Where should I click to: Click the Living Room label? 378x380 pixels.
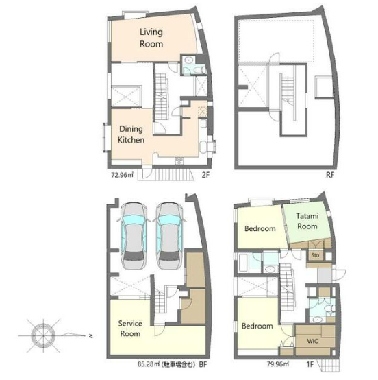tap(151, 38)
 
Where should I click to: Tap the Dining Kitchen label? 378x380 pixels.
tap(131, 134)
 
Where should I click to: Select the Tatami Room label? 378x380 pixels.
tap(307, 221)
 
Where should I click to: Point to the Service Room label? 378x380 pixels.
tap(130, 329)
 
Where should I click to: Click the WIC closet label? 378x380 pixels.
tap(312, 341)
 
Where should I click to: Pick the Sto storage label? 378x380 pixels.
tap(315, 255)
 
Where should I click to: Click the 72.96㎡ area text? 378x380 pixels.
tap(122, 175)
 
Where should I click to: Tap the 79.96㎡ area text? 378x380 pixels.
tap(278, 364)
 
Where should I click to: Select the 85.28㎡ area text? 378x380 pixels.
tap(149, 364)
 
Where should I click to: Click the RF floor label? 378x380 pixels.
tap(330, 175)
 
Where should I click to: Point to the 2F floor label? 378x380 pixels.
tap(205, 175)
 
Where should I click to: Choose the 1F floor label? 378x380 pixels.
tap(310, 364)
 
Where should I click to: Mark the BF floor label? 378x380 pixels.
tap(203, 364)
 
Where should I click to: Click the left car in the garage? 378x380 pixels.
tap(134, 235)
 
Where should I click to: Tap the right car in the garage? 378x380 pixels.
tap(169, 235)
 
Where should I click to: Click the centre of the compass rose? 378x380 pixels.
tap(43, 336)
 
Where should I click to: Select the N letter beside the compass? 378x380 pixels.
tap(91, 336)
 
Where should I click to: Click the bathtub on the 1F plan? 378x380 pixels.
tap(243, 263)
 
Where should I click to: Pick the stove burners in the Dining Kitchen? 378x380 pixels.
tap(179, 161)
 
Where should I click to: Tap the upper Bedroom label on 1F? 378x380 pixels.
tap(260, 228)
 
